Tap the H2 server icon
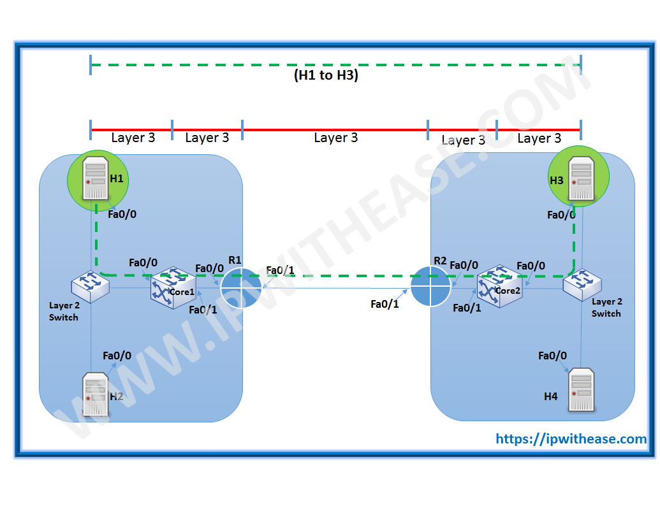coord(95,394)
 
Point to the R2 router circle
coord(430,286)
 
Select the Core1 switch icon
coord(173,286)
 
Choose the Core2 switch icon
coord(499,286)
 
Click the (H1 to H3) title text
coord(326,75)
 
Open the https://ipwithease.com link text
coord(571,438)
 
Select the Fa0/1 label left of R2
coord(385,304)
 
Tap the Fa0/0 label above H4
coord(552,356)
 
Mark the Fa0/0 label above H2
coord(117,356)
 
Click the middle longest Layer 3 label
coord(335,138)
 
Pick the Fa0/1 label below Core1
coord(203,310)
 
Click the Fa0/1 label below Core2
coord(467,308)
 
